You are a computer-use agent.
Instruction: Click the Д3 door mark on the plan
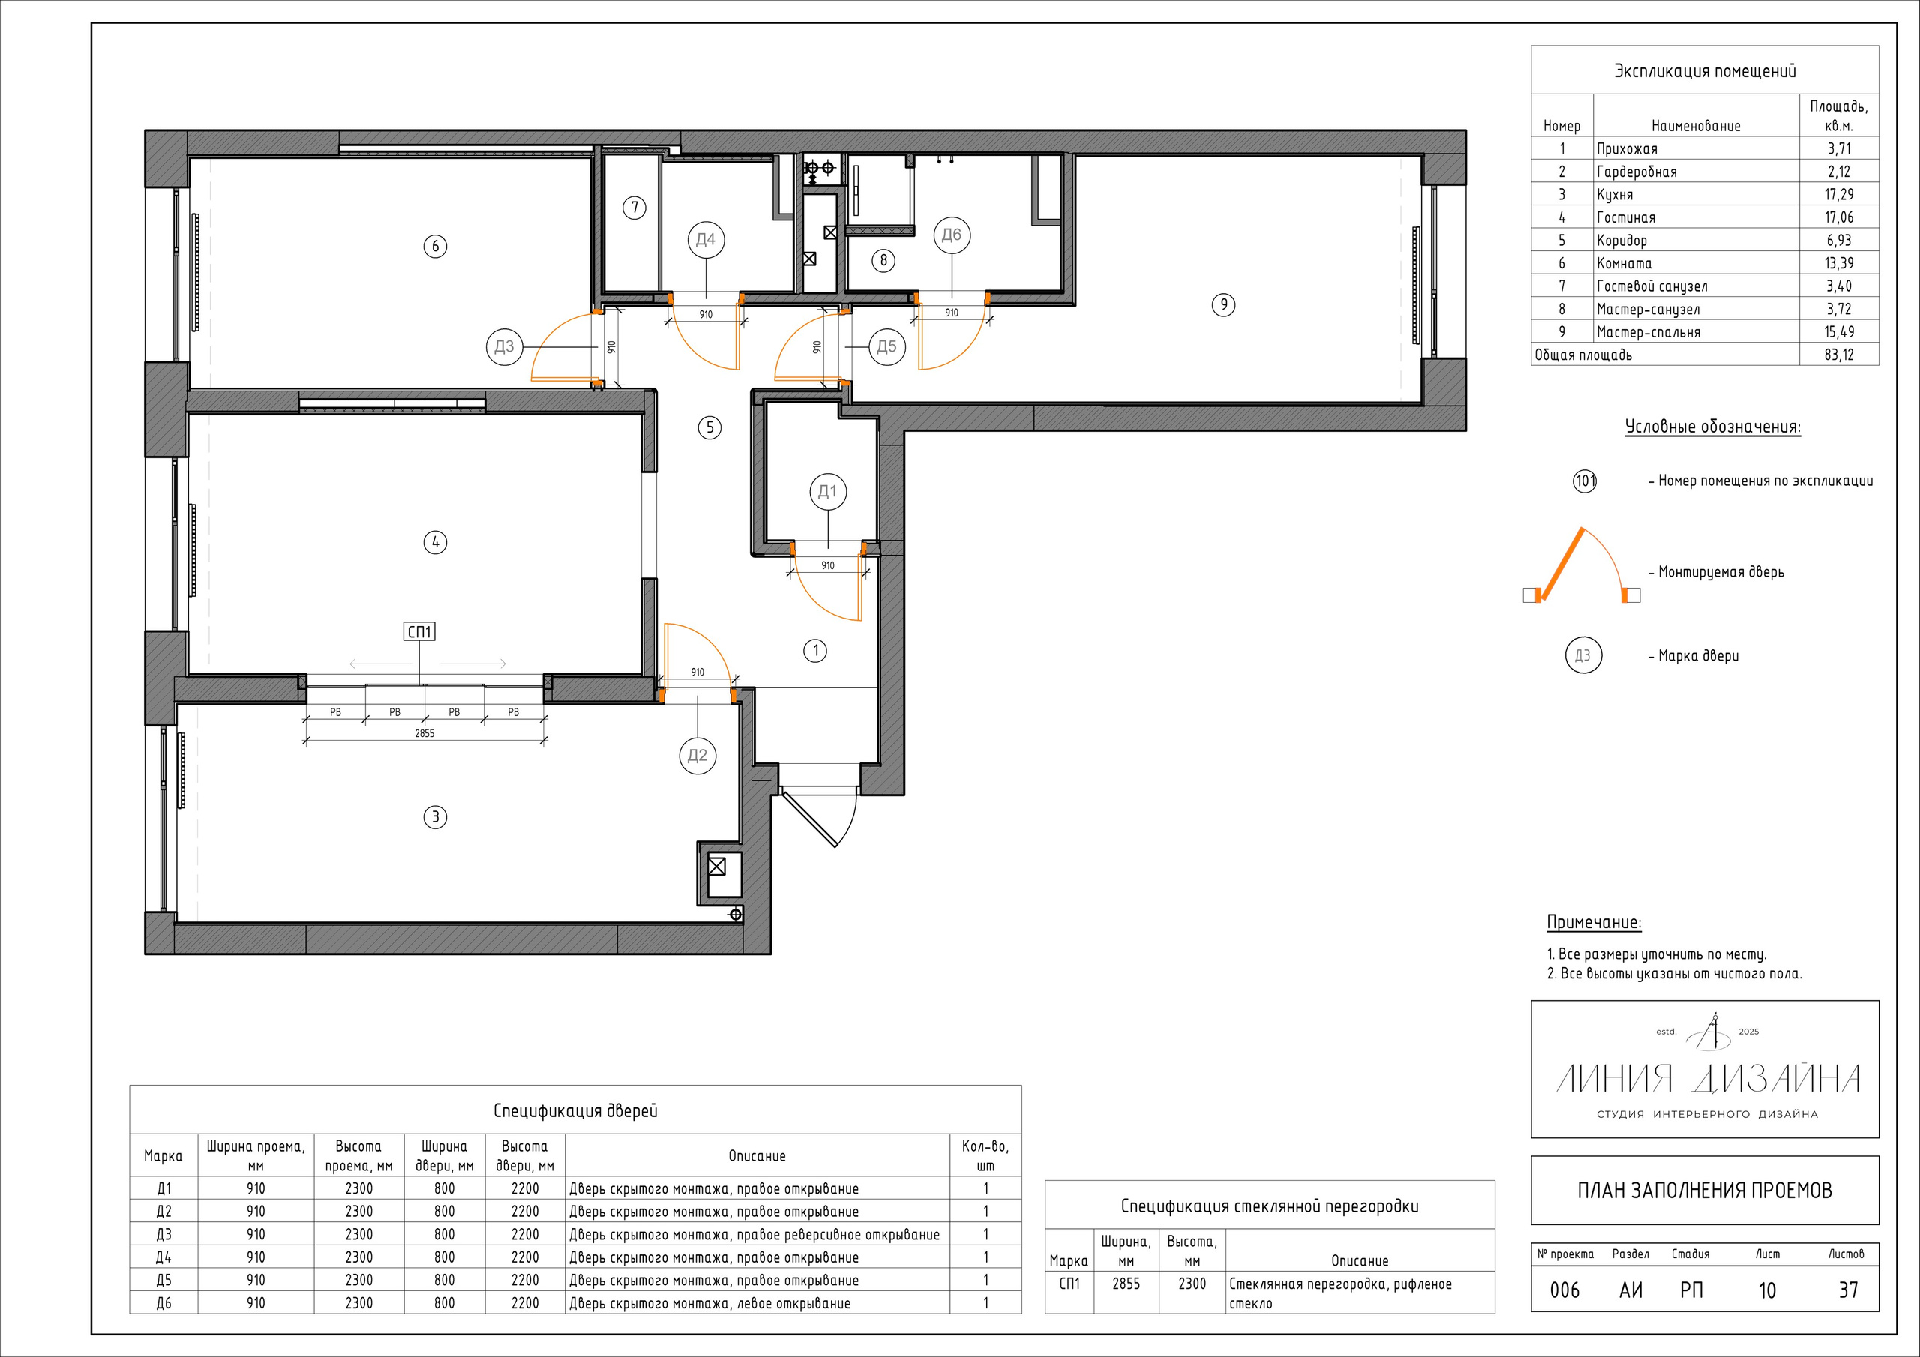(504, 346)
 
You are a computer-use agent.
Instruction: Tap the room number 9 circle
(1223, 304)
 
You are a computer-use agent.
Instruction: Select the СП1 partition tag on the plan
(419, 631)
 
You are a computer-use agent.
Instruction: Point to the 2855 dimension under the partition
(424, 733)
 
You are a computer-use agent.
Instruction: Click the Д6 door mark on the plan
(952, 235)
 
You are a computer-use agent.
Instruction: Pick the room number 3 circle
(435, 817)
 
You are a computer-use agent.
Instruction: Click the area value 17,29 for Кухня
(1839, 195)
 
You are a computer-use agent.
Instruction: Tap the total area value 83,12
(1839, 355)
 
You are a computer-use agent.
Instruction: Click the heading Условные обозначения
(1712, 427)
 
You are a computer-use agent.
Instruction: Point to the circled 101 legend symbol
(1585, 481)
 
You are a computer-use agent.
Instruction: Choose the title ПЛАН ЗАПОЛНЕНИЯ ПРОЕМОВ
(1704, 1191)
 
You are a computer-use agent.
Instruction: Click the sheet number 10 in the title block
(1767, 1290)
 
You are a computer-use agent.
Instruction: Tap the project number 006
(1564, 1290)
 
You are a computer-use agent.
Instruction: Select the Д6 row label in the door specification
(164, 1303)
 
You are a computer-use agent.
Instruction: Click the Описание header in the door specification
(757, 1156)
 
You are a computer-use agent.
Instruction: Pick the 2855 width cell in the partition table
(1126, 1284)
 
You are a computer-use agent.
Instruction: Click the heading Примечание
(1594, 923)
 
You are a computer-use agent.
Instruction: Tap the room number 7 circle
(634, 208)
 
